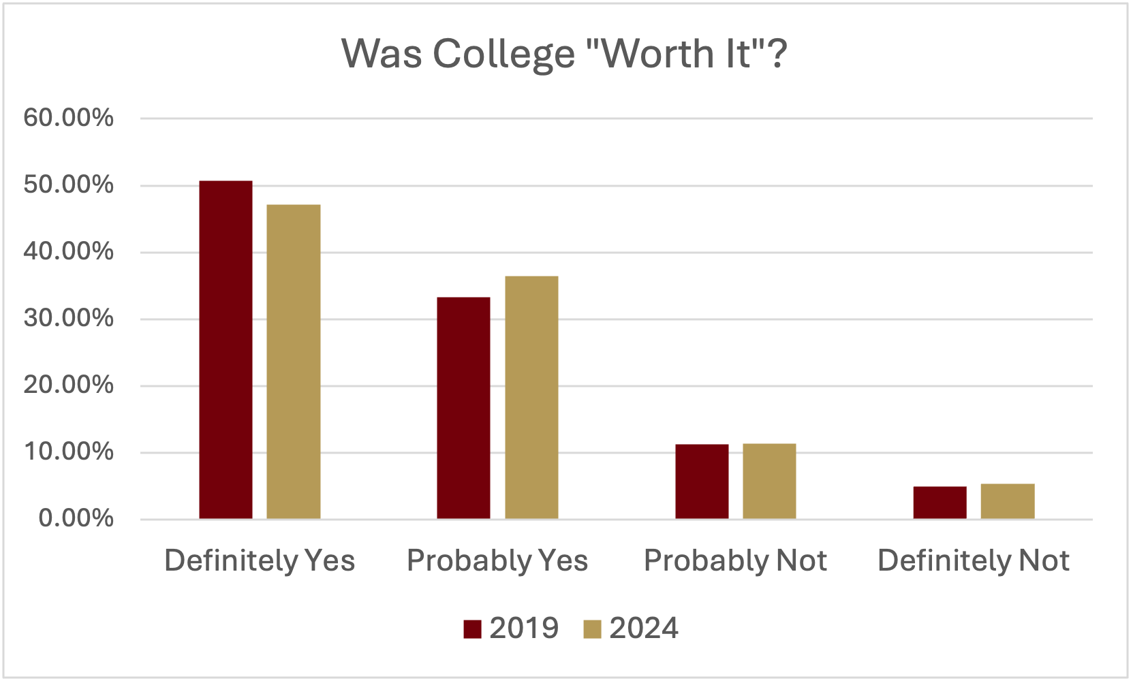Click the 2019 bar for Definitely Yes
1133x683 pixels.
[226, 350]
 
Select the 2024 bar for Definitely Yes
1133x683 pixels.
[293, 362]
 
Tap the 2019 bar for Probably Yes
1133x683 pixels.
[463, 408]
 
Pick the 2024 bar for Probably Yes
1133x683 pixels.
[531, 398]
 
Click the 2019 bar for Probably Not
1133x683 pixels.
[702, 481]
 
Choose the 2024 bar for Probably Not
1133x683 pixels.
[769, 481]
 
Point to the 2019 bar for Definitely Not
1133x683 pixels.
[940, 503]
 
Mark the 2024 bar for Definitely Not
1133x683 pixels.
[1008, 501]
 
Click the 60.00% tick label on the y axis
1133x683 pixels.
[68, 118]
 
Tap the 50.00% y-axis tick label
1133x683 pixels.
[68, 185]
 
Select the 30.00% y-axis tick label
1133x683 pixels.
[68, 318]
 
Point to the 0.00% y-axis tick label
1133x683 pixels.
[76, 518]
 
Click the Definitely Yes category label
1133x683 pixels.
[260, 561]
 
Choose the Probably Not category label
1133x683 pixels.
[735, 561]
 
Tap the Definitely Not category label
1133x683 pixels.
[973, 561]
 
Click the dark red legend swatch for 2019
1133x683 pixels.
[472, 629]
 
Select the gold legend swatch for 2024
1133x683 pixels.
[592, 629]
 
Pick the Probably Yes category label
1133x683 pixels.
[497, 561]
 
